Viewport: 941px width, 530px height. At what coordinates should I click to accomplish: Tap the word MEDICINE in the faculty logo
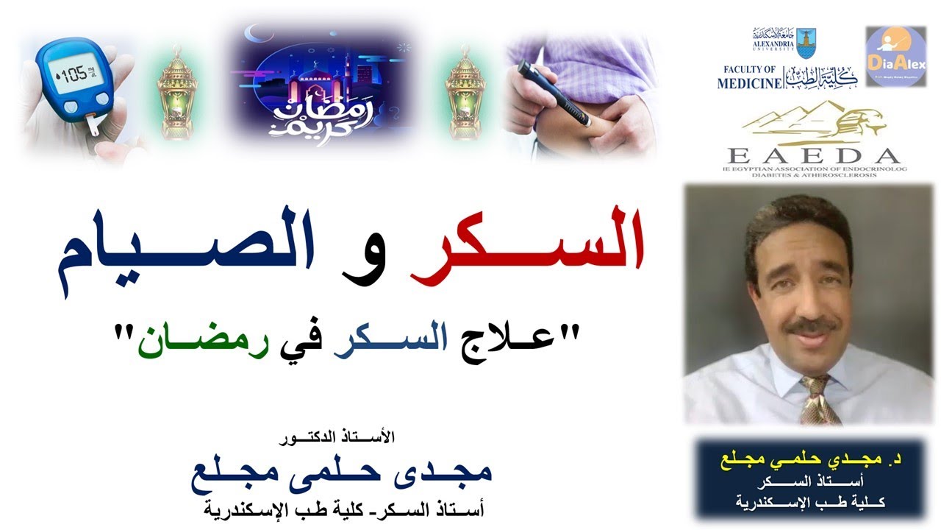(750, 83)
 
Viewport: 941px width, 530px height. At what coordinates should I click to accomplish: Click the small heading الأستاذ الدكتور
(338, 437)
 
